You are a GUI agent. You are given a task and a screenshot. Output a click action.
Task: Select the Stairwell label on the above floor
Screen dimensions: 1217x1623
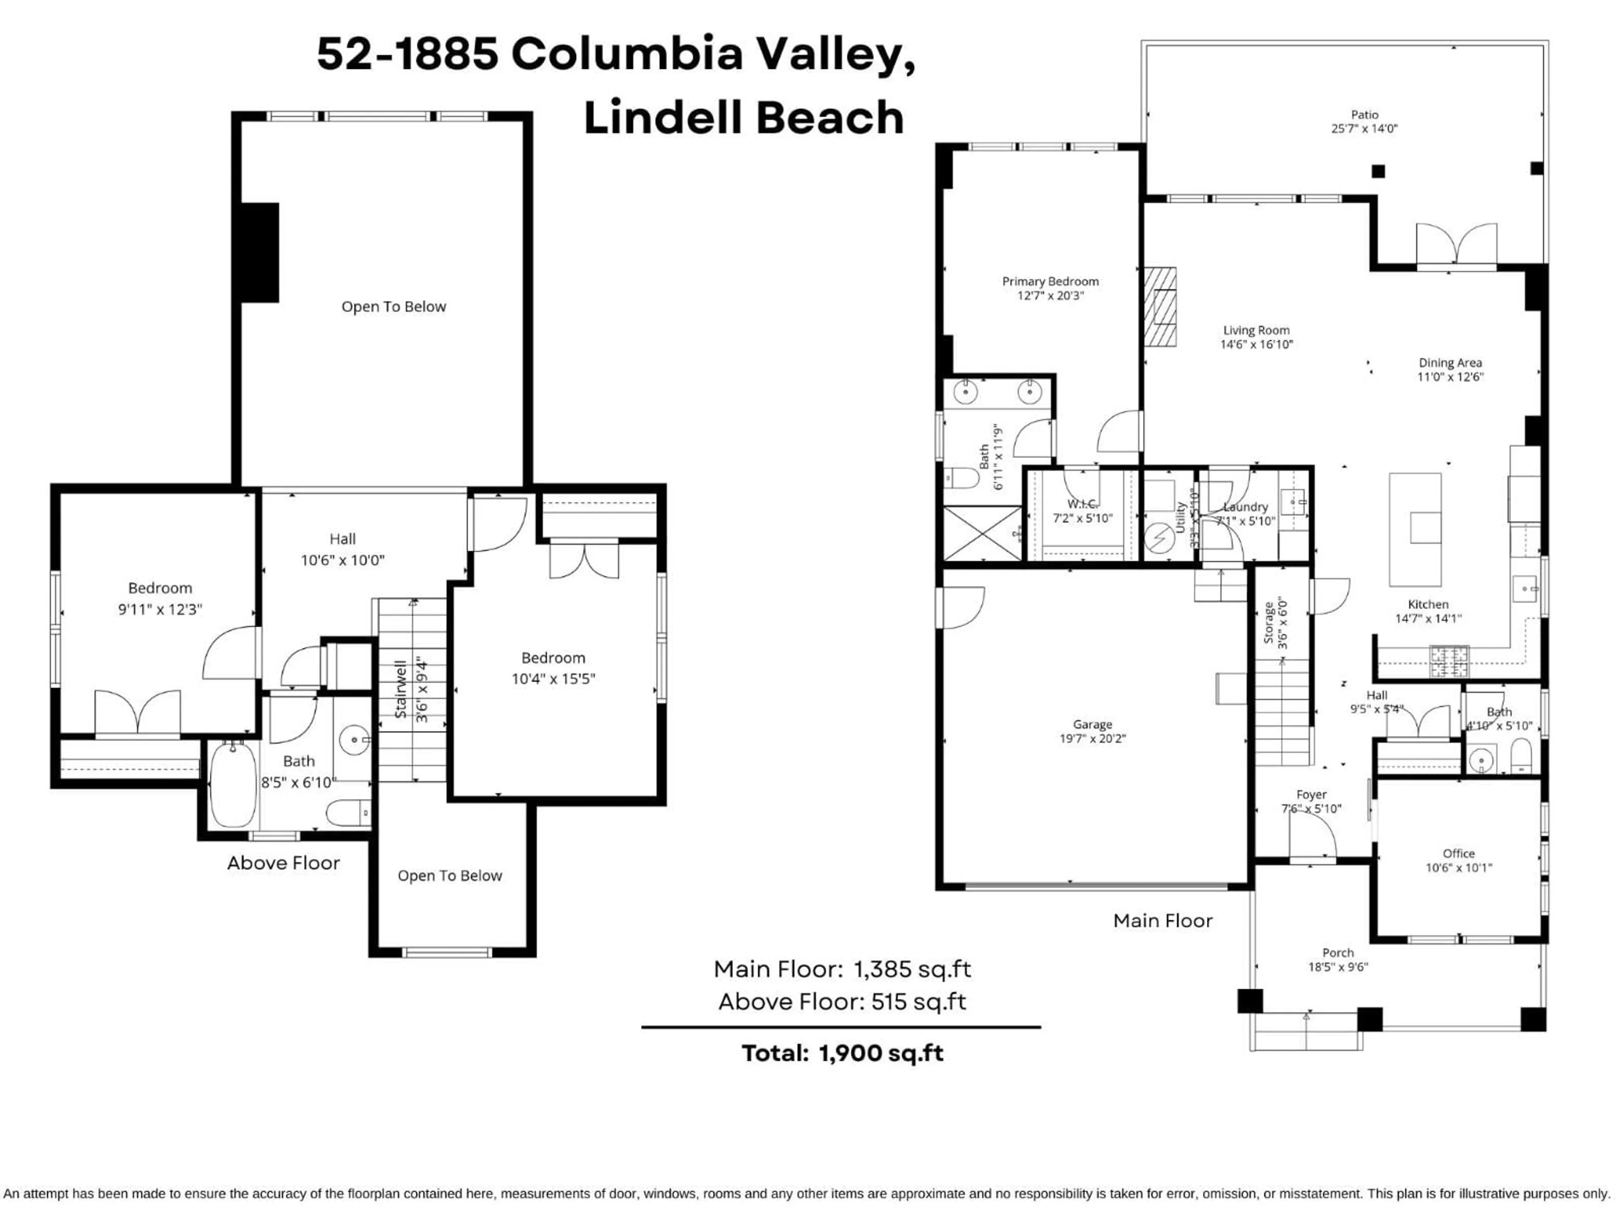(401, 690)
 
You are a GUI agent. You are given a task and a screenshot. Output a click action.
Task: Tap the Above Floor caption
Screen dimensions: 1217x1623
(283, 863)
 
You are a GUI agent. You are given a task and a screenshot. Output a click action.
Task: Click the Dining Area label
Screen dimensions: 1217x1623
(1450, 363)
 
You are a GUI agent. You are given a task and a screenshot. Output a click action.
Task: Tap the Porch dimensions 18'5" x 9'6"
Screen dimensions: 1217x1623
(1338, 967)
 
